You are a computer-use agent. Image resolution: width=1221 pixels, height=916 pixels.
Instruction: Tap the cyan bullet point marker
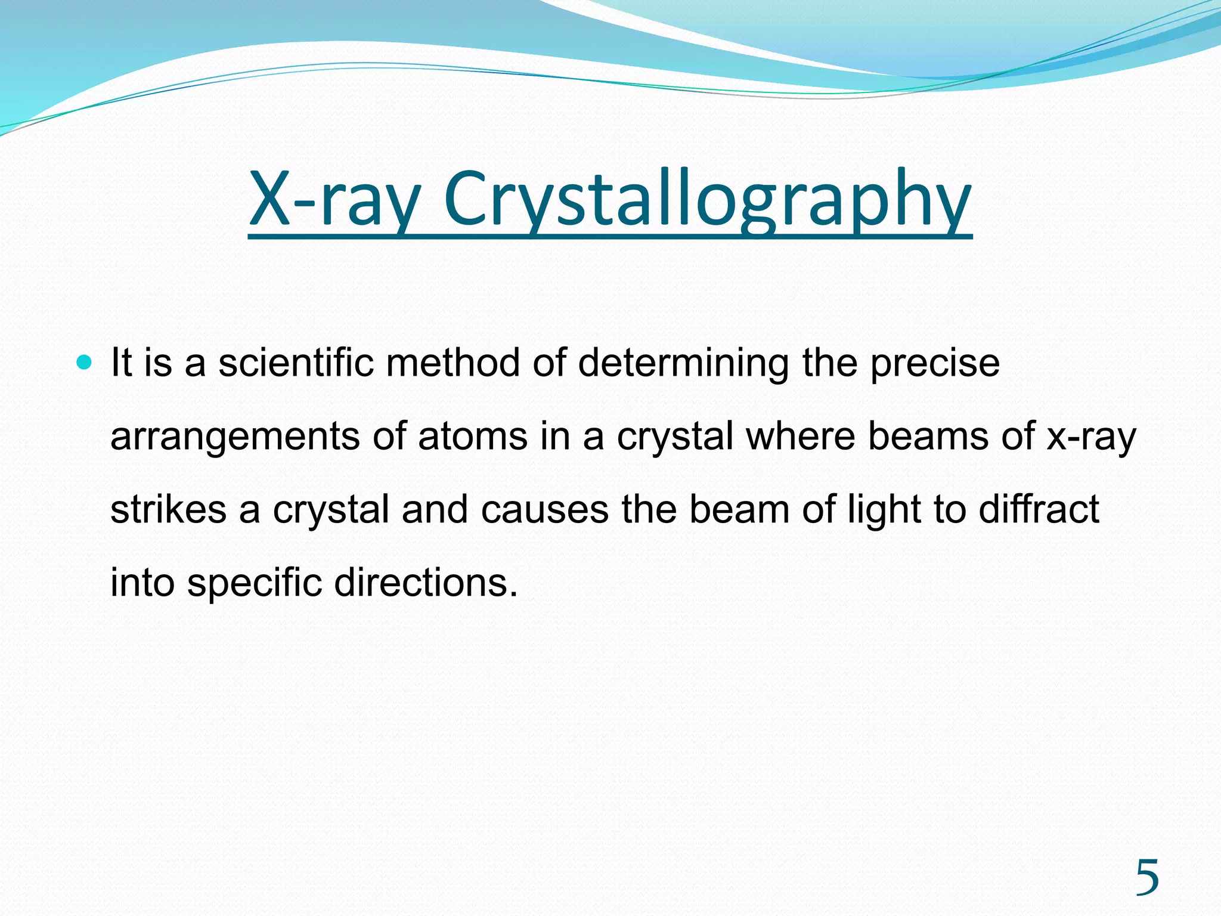85,361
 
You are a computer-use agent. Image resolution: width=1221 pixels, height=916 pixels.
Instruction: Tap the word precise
934,364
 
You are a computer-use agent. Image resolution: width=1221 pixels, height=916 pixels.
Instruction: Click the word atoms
472,436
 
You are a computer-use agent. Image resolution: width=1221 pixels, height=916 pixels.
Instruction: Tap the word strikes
168,510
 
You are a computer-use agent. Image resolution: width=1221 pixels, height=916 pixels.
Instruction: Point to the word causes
544,510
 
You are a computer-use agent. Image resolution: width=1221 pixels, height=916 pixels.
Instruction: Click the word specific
254,583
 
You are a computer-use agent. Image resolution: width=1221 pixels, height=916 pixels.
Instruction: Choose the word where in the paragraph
800,436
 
